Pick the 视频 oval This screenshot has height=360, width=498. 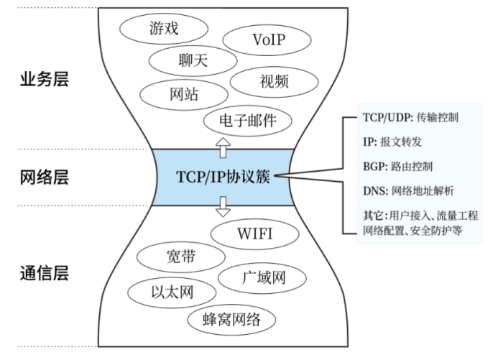(275, 81)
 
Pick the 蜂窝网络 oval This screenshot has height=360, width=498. (231, 319)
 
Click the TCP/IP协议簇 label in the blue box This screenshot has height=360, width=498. (222, 177)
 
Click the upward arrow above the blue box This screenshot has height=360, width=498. (222, 147)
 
